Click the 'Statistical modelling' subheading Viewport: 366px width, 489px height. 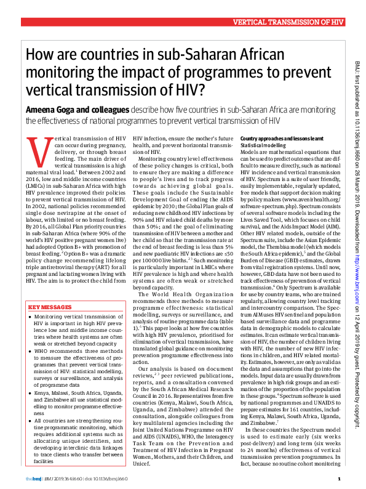pos(262,145)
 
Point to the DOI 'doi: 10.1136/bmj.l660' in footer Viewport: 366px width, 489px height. pos(105,478)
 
